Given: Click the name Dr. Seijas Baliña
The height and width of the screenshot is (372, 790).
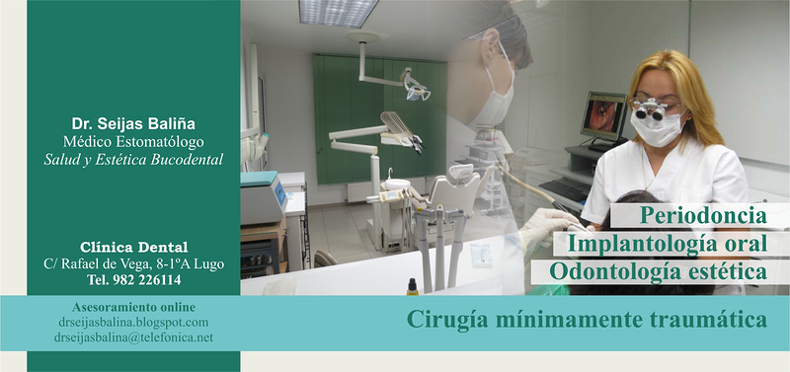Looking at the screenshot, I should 133,123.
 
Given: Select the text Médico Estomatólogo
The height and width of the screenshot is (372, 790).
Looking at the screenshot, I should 133,142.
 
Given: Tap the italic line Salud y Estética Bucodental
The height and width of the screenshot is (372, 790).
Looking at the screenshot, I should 133,159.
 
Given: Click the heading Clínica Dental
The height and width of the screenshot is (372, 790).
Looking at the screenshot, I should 133,247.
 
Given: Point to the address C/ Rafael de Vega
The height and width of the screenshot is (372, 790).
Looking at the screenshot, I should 133,263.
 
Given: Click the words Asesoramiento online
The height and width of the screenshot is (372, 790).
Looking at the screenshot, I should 133,307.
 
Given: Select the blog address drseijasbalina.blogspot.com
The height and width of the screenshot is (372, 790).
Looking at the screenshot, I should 133,322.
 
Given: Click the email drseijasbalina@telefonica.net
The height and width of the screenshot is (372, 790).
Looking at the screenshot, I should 133,337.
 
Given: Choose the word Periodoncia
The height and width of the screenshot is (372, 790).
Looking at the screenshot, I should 703,214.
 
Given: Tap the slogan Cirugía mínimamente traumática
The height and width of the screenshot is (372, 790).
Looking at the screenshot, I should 587,320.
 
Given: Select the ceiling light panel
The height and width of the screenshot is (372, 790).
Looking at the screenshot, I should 339,12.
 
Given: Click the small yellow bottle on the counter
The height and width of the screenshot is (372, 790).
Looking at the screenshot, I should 411,286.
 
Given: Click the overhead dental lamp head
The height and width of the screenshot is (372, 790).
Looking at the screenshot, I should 416,90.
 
